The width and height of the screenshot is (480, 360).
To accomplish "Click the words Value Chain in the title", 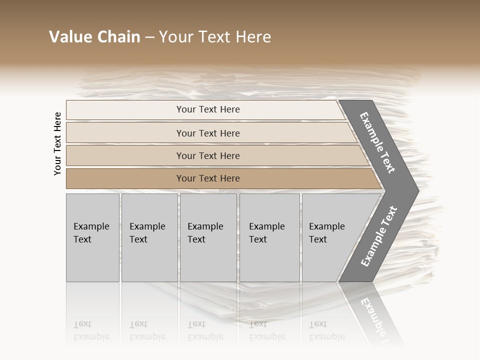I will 94,37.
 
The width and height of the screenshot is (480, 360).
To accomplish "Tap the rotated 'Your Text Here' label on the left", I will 57,143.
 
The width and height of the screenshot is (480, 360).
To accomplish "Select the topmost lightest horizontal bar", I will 125,110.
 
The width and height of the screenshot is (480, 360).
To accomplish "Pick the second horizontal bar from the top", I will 125,133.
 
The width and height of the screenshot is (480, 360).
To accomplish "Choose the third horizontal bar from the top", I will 125,155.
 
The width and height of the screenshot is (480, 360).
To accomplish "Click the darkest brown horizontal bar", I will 125,178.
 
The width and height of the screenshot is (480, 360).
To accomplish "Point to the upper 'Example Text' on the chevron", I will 377,142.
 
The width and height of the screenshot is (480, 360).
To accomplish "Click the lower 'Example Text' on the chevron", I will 378,236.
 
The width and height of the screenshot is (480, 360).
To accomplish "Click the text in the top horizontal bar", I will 208,109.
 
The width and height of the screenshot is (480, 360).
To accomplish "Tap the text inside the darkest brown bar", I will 208,178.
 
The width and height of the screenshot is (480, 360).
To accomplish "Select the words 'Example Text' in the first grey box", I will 91,232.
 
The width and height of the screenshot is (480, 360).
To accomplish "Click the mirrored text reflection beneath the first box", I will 91,330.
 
